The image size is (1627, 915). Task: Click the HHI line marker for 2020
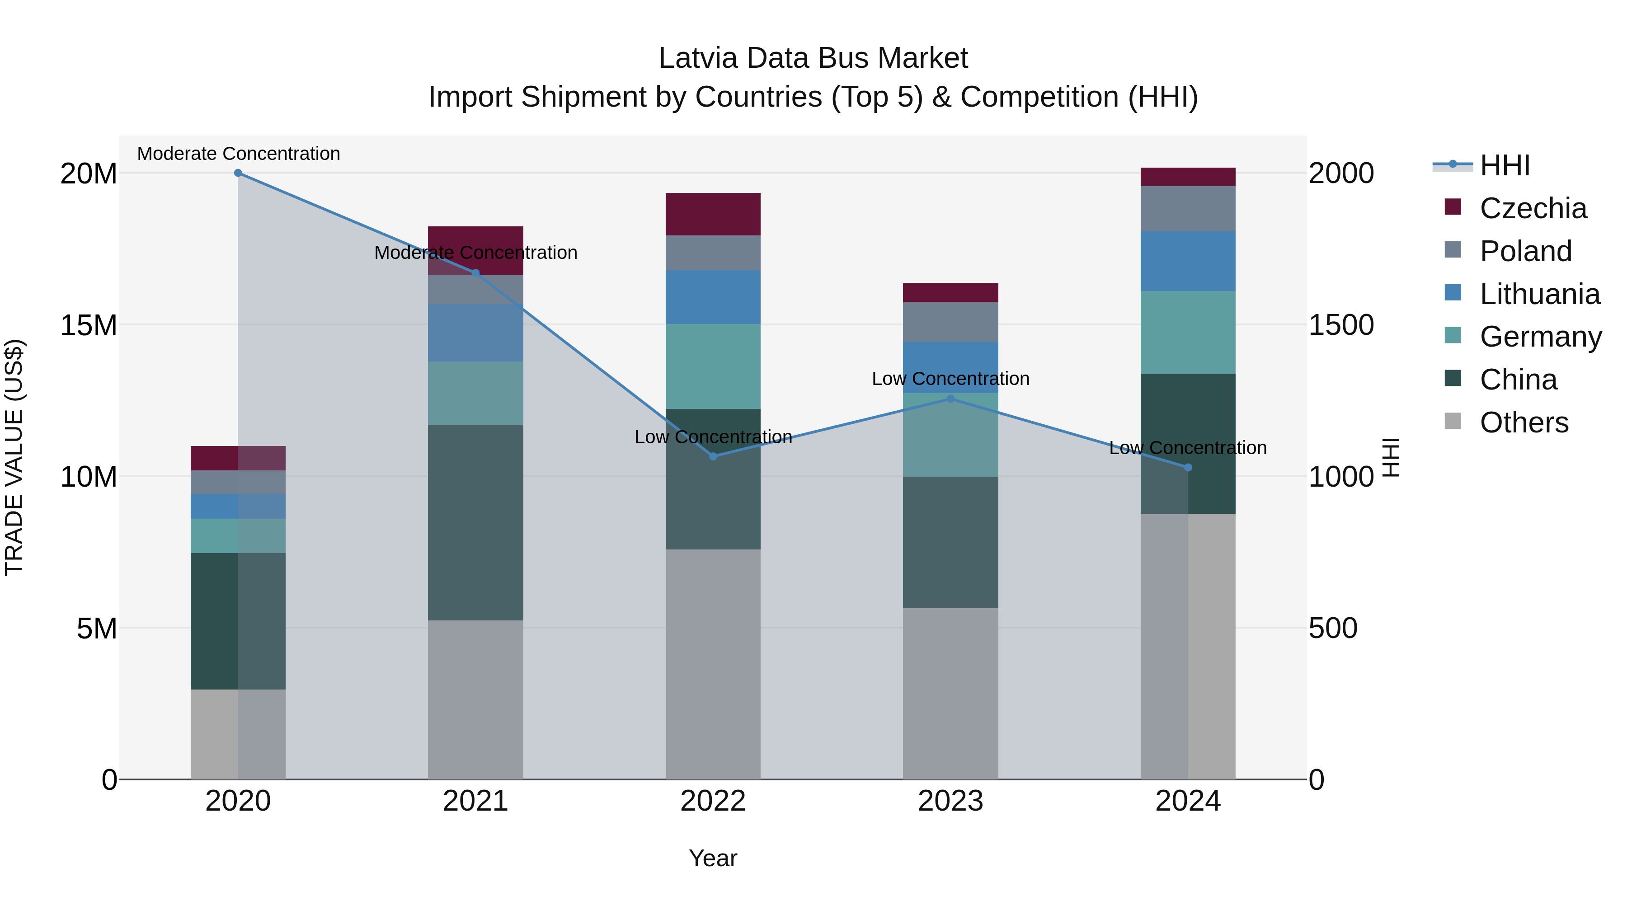coord(238,173)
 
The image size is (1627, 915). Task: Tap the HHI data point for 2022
coord(713,456)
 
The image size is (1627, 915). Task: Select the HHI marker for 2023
coord(950,399)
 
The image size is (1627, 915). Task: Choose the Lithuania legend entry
coord(1539,294)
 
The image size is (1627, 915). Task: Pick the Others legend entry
coord(1524,422)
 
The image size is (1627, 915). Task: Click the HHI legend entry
coord(1505,165)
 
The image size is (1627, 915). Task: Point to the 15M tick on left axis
coord(89,325)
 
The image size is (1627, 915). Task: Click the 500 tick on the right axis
coord(1333,629)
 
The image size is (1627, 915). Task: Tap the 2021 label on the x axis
coord(475,801)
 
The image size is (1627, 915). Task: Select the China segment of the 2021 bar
coord(475,522)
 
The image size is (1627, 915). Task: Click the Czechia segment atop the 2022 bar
coord(713,214)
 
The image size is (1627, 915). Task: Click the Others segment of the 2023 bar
coord(950,693)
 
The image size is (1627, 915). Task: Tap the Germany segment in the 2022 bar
coord(713,366)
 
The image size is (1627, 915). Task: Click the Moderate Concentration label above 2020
coord(238,154)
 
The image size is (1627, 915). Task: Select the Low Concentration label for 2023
coord(950,379)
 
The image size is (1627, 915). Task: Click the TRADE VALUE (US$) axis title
coord(14,457)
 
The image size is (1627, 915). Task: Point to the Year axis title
coord(713,858)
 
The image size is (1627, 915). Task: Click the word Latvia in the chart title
coord(698,58)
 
